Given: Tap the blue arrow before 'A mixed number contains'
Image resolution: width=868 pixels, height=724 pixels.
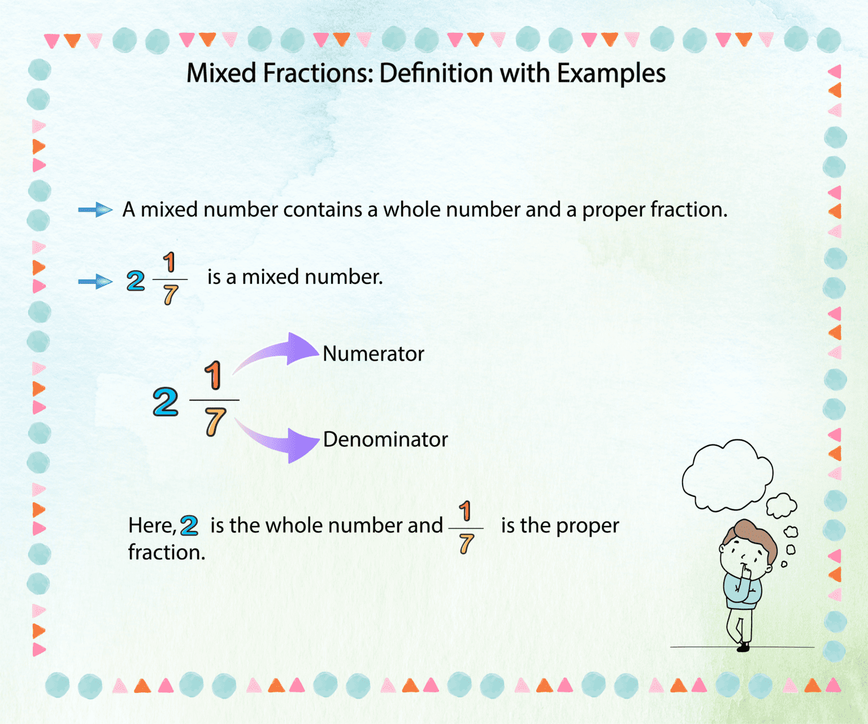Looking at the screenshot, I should click(96, 210).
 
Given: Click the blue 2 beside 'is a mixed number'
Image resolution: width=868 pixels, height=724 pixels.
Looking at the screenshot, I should click(136, 281).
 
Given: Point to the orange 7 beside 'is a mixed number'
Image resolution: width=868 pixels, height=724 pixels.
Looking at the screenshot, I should click(170, 295).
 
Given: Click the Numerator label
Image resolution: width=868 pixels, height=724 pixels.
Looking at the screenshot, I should click(373, 354).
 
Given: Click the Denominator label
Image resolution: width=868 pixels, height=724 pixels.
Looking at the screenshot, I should click(385, 439).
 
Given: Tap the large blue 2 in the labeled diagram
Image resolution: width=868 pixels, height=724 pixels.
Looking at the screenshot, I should click(166, 402).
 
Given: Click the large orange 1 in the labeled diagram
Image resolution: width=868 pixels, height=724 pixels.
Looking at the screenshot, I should click(213, 375).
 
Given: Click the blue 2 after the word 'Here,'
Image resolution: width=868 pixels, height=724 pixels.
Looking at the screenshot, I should click(189, 526).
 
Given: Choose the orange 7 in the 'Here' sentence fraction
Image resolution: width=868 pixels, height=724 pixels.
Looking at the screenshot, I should click(466, 544).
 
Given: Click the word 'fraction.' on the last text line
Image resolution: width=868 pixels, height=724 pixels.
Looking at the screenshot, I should click(167, 553).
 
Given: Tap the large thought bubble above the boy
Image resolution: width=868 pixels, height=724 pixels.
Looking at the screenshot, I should click(727, 474).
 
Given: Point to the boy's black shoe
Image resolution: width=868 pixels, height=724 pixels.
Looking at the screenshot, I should click(744, 646).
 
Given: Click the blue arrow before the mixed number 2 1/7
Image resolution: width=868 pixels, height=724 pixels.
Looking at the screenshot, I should click(96, 281).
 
